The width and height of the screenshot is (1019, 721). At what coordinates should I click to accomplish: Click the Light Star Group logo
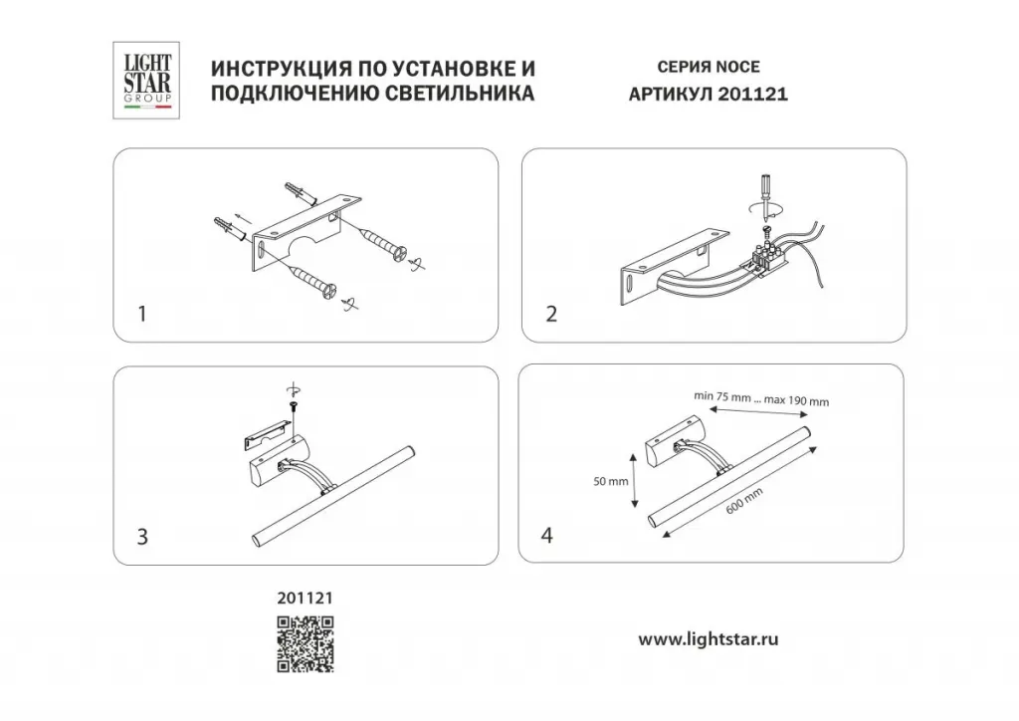click(146, 80)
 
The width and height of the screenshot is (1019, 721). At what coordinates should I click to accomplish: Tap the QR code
click(306, 643)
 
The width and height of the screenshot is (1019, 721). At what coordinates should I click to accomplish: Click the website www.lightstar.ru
click(708, 639)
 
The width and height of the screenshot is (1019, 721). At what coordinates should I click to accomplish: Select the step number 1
click(142, 314)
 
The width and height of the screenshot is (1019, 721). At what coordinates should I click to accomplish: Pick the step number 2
click(551, 314)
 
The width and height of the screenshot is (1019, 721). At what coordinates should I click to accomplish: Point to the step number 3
click(142, 537)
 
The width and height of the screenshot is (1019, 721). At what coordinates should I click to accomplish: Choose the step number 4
click(547, 535)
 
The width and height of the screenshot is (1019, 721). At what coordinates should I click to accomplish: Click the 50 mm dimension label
click(610, 482)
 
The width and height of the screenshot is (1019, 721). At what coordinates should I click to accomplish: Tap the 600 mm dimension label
click(744, 500)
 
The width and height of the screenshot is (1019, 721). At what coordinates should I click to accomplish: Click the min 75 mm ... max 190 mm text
click(761, 398)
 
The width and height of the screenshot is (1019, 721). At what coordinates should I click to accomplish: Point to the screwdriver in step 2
click(766, 196)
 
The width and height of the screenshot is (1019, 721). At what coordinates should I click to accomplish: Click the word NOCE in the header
click(737, 67)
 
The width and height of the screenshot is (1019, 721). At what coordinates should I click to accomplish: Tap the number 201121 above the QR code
click(305, 598)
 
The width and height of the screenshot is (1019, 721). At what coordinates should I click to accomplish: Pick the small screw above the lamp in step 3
click(292, 407)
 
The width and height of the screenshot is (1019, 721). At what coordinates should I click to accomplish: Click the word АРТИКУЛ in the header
click(670, 95)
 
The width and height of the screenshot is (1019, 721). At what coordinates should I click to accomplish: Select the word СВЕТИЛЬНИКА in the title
click(460, 93)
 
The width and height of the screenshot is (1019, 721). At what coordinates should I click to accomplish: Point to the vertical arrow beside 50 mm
click(634, 480)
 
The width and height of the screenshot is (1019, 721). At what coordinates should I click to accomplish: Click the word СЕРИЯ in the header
click(683, 67)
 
